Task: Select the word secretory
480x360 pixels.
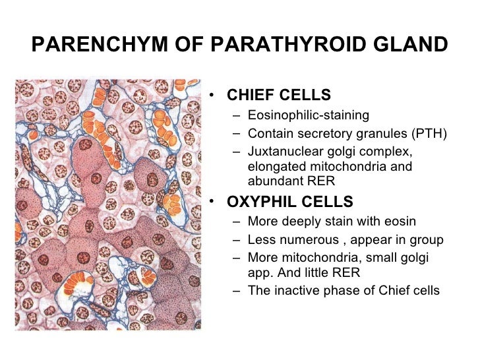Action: [319, 133]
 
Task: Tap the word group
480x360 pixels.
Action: [427, 239]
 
